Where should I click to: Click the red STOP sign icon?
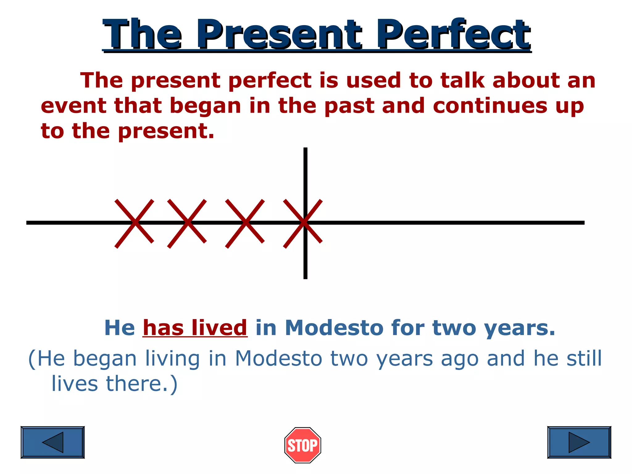pos(302,445)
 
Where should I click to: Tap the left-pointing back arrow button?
pos(52,442)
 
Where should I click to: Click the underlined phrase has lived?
pos(195,328)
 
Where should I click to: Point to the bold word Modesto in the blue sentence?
pos(334,328)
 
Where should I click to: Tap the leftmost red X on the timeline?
pos(134,223)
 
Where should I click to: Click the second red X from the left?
pos(187,223)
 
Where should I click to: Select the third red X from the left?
pos(245,223)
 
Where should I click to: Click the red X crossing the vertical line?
pos(303,223)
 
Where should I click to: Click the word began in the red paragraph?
pos(205,106)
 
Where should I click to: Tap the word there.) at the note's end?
pos(142,384)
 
